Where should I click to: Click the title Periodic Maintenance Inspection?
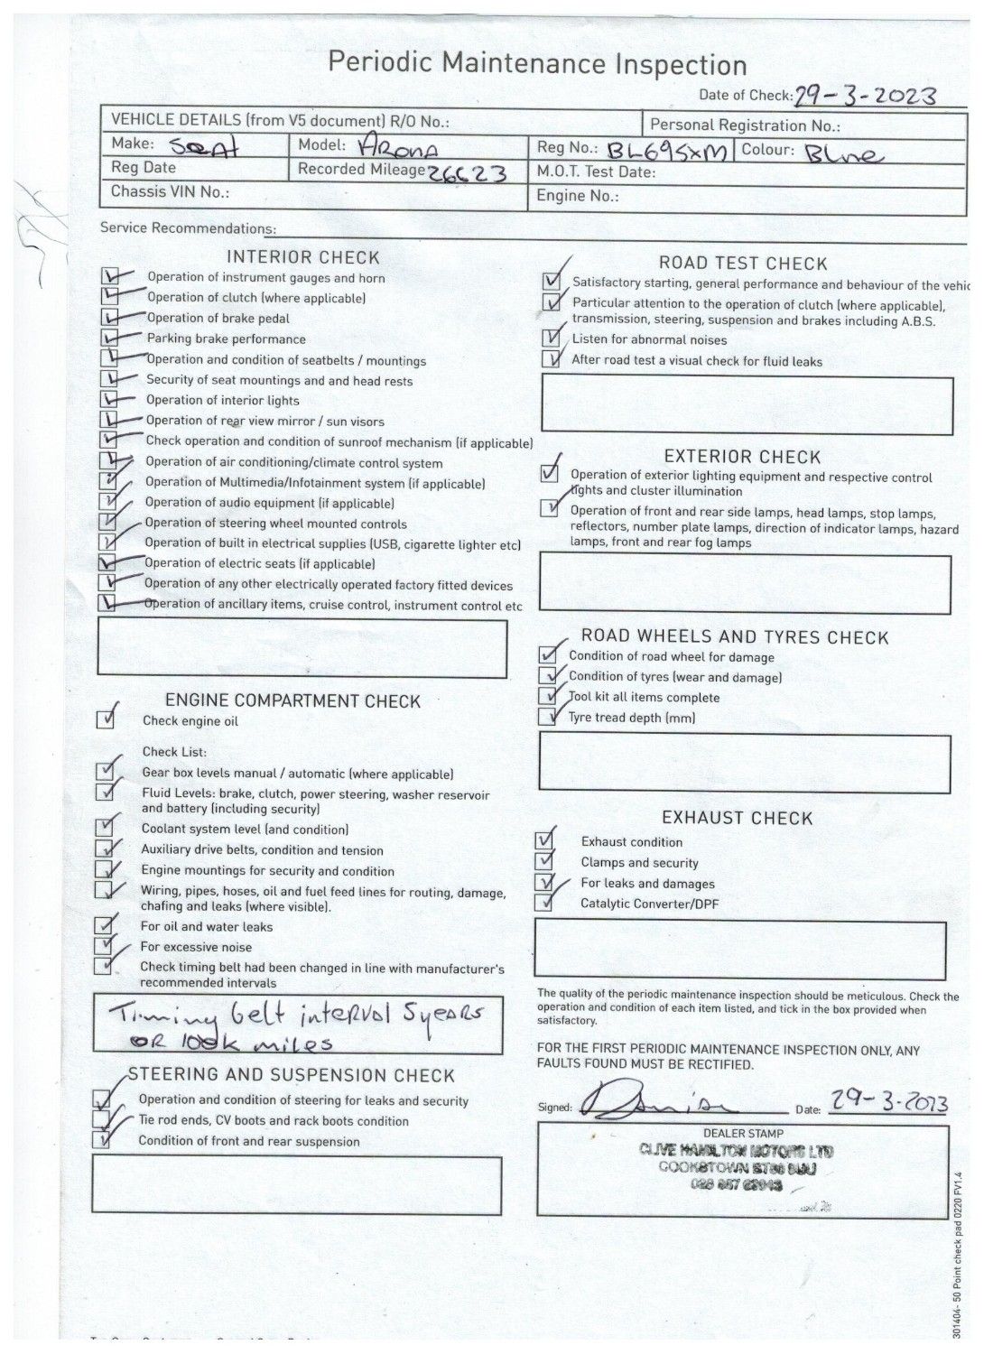[537, 64]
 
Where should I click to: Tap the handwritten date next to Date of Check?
[864, 96]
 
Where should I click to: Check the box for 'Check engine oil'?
[107, 719]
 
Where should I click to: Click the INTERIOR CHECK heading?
[303, 257]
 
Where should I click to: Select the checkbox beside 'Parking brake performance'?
[110, 338]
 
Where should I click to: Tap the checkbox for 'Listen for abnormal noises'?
[551, 338]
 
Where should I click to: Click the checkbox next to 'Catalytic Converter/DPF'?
[543, 903]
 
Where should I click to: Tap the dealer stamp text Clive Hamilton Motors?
[737, 1151]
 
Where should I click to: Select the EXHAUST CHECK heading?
[737, 818]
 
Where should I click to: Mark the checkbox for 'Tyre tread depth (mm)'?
[547, 718]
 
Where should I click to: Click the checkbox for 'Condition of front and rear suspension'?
[101, 1140]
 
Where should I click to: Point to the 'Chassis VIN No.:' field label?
[170, 191]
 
